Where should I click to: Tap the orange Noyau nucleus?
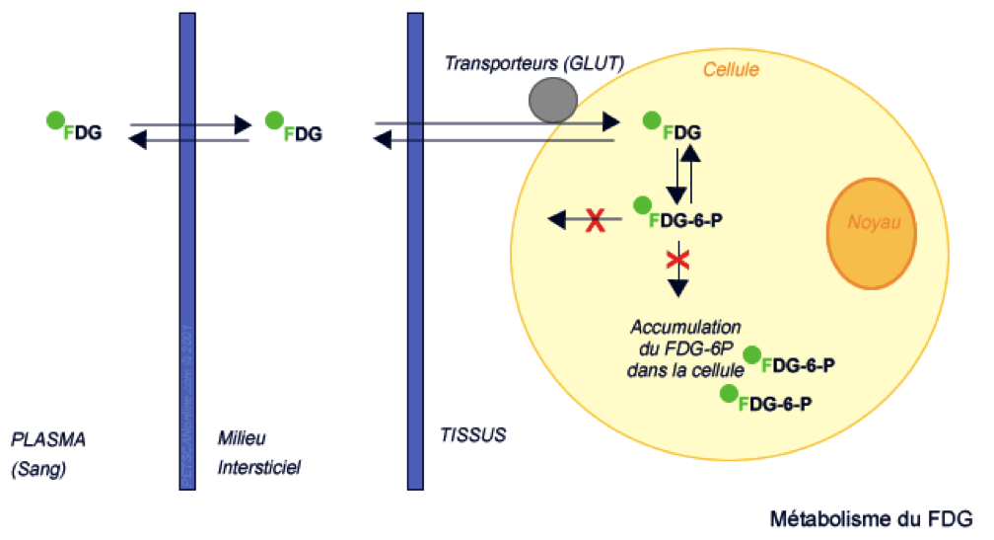pyautogui.click(x=871, y=234)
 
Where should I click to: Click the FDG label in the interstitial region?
pyautogui.click(x=302, y=132)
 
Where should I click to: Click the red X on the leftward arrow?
pyautogui.click(x=595, y=220)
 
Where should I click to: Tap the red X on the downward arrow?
pyautogui.click(x=677, y=260)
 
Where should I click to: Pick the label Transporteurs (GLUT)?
pyautogui.click(x=533, y=63)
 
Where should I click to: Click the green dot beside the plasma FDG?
pyautogui.click(x=56, y=120)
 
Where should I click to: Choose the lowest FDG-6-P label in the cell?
pyautogui.click(x=775, y=404)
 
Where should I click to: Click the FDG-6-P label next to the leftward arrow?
pyautogui.click(x=686, y=218)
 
